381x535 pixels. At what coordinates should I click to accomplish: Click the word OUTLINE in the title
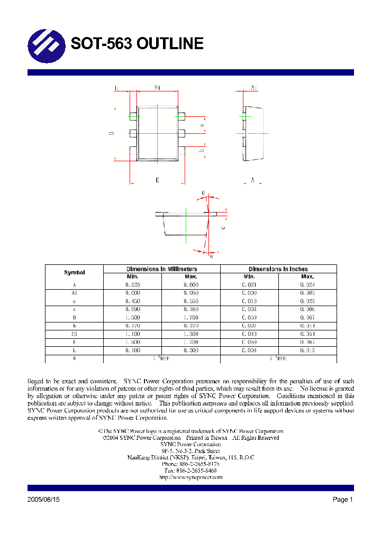click(170, 43)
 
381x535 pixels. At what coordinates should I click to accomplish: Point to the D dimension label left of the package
click(112, 134)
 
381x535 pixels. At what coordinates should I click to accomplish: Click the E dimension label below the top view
click(157, 181)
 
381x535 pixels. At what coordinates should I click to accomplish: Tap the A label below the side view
click(252, 181)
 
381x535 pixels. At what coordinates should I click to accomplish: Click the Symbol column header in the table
click(75, 273)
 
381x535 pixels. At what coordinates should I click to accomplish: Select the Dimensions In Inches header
click(278, 269)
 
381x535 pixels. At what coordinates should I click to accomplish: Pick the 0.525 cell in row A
click(133, 285)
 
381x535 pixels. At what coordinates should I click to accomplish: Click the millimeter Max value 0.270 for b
click(190, 326)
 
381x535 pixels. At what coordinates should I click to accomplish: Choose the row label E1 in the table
click(75, 334)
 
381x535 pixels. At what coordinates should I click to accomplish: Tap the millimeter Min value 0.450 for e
click(133, 301)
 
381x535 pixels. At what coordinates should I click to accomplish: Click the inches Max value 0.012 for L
click(307, 350)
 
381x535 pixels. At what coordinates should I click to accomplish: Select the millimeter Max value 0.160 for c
click(190, 309)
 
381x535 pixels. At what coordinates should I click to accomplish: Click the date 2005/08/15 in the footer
click(43, 500)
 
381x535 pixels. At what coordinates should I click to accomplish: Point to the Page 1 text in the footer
click(342, 500)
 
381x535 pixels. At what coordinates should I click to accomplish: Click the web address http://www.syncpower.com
click(190, 477)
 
